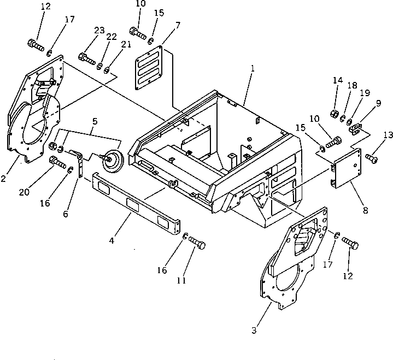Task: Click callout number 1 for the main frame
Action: click(253, 69)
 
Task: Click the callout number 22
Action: click(112, 37)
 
